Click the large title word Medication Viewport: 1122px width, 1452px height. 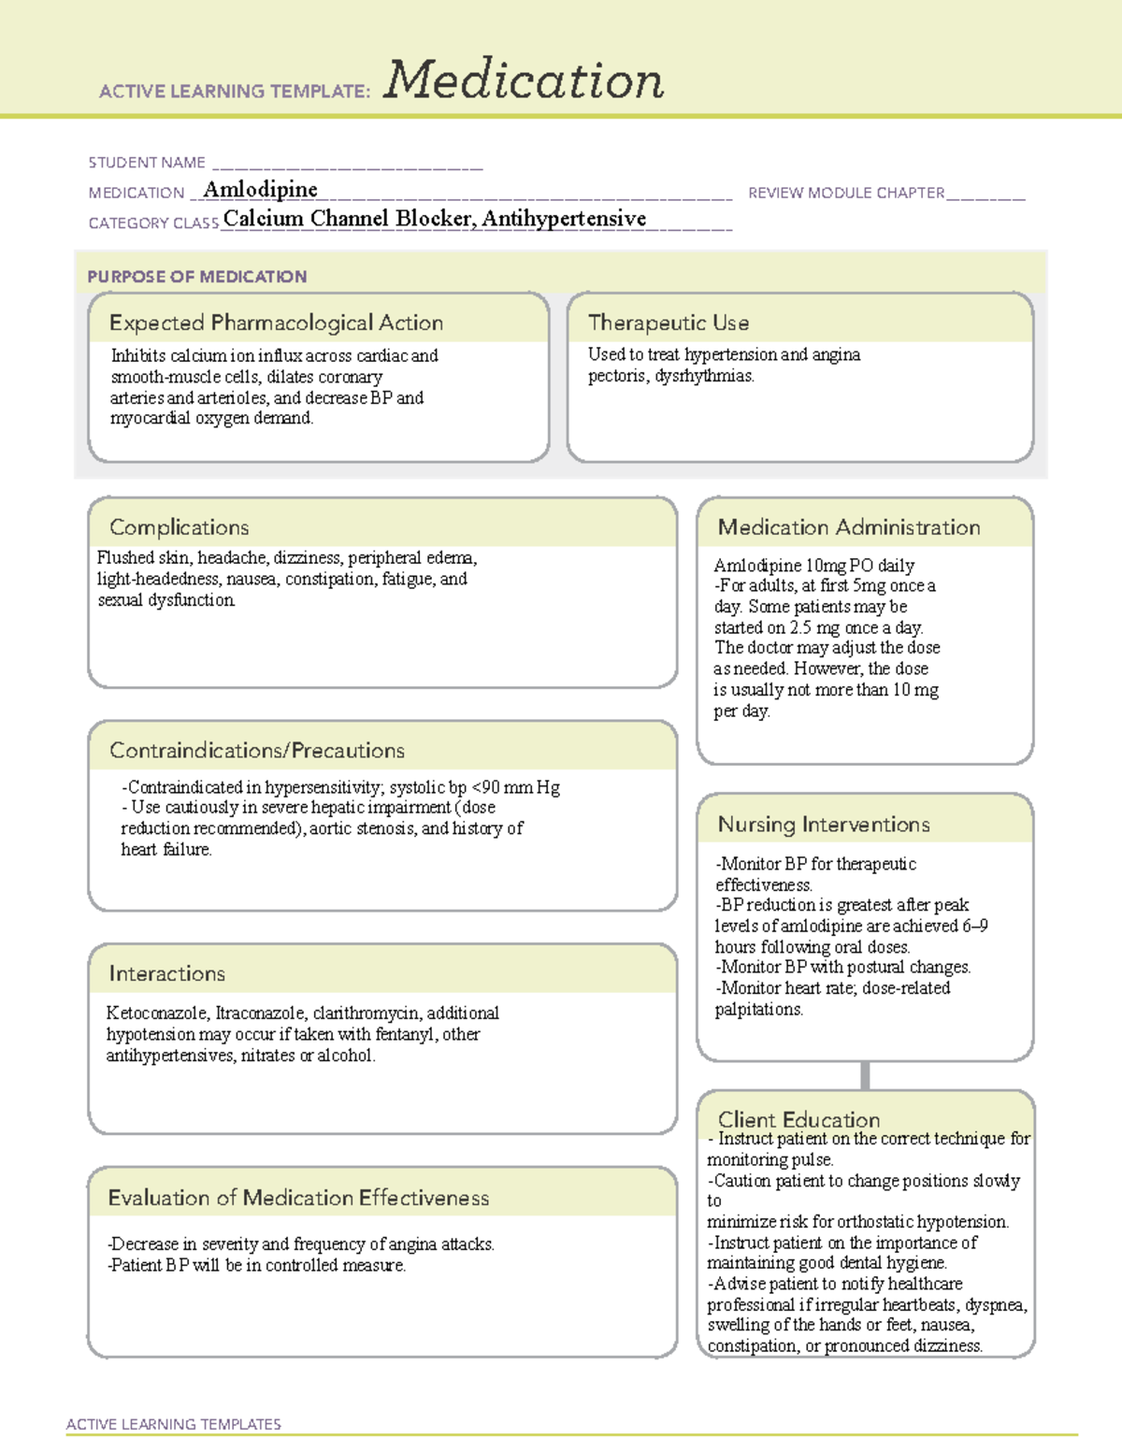coord(524,80)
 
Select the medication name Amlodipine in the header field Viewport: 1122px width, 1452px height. coord(260,190)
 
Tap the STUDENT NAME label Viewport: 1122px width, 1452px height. coord(147,163)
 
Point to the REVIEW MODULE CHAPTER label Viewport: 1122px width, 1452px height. coord(846,193)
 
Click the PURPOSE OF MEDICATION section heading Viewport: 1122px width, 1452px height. coord(196,277)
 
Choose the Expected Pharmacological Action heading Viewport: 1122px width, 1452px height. coord(276,323)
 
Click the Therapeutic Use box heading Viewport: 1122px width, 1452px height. coord(669,323)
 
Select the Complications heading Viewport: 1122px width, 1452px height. coord(179,527)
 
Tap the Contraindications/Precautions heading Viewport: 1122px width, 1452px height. coord(257,751)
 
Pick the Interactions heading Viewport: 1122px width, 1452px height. coord(166,974)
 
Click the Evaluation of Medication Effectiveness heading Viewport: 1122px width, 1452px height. coord(298,1198)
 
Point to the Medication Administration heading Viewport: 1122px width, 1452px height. coord(849,527)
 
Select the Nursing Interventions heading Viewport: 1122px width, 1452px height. coord(824,825)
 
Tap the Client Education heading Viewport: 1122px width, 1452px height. coord(798,1119)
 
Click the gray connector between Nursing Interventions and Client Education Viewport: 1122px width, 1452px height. coord(865,1075)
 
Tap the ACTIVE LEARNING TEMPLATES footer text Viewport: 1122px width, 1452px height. coord(173,1424)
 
